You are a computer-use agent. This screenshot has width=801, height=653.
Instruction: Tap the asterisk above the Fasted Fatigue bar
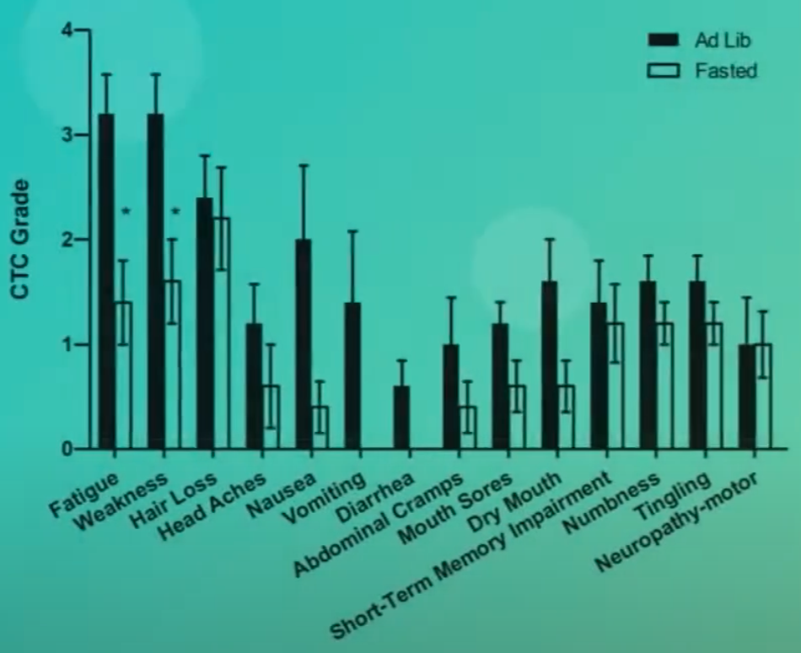[126, 211]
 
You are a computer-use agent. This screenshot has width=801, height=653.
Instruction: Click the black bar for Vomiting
[352, 375]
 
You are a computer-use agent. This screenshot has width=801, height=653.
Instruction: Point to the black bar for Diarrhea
[401, 417]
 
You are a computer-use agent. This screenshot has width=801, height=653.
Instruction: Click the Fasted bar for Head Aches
[270, 417]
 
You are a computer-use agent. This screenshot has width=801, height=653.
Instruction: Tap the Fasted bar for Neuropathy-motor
[763, 396]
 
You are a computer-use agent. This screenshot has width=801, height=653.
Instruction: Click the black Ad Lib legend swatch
[662, 40]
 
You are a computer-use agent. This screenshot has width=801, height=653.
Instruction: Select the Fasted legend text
[725, 70]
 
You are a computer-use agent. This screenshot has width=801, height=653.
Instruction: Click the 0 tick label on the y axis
[67, 449]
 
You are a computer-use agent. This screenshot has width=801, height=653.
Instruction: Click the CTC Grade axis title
[20, 240]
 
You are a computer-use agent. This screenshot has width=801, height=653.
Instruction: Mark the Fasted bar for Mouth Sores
[516, 417]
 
